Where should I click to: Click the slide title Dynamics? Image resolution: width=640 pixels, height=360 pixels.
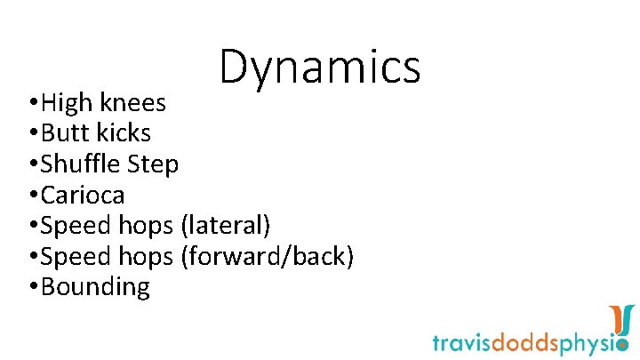(x=320, y=68)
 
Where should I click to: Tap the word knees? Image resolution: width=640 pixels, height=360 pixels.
(x=132, y=103)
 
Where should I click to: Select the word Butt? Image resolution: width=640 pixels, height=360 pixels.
(x=65, y=133)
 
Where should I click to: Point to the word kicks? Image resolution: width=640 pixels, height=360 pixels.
(x=124, y=133)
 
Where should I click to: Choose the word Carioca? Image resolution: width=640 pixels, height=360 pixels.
(x=83, y=195)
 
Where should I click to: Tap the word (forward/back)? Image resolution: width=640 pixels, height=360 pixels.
(x=268, y=256)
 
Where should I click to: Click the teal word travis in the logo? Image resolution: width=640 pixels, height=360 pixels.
(x=463, y=342)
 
